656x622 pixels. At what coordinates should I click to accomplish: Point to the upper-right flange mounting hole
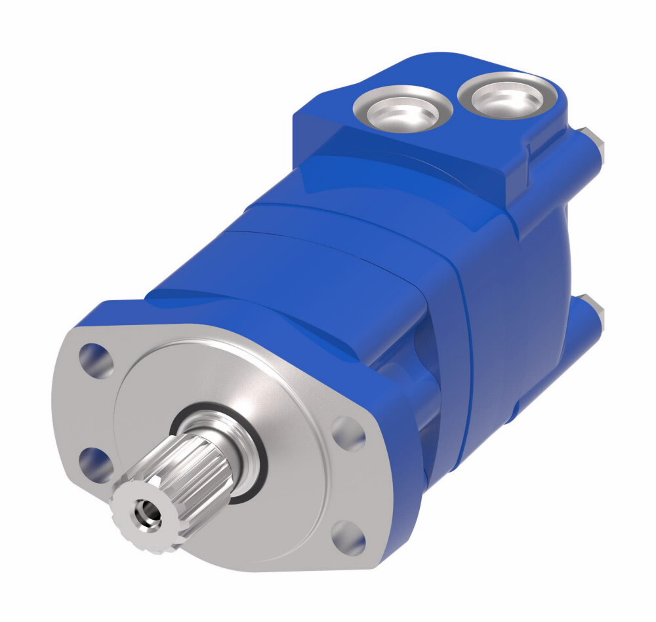pos(348,433)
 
